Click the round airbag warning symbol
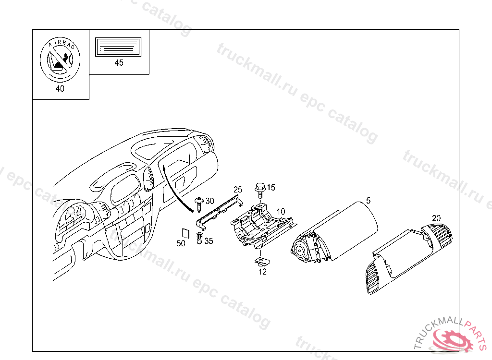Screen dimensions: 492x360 point(60,61)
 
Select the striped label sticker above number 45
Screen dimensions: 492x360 point(118,48)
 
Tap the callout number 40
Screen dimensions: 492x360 point(60,88)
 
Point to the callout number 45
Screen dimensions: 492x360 point(118,63)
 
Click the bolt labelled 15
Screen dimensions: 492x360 point(259,189)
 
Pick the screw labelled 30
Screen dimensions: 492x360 point(199,203)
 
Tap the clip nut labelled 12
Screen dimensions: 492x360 point(262,262)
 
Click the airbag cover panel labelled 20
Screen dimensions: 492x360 point(408,254)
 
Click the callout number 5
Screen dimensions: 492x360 point(369,200)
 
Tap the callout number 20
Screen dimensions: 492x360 point(436,217)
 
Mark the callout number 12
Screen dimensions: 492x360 point(262,272)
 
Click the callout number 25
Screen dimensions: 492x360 point(238,189)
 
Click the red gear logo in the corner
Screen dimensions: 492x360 point(453,339)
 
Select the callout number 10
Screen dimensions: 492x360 point(281,211)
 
